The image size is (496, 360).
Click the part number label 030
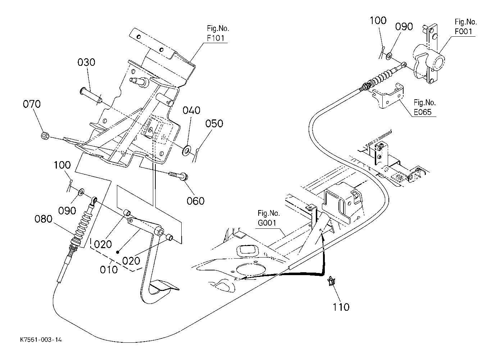(x=86, y=62)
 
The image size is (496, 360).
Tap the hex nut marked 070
(x=45, y=136)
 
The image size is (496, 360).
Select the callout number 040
(x=191, y=110)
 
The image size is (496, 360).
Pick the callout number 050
(x=214, y=124)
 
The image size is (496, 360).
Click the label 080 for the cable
(x=43, y=219)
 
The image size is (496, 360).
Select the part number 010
(x=109, y=269)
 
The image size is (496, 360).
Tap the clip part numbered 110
(x=331, y=281)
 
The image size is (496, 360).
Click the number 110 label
(x=341, y=307)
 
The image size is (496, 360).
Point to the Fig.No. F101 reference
(x=218, y=33)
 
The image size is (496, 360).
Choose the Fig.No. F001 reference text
(x=464, y=27)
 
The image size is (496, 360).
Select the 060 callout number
(x=196, y=201)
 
